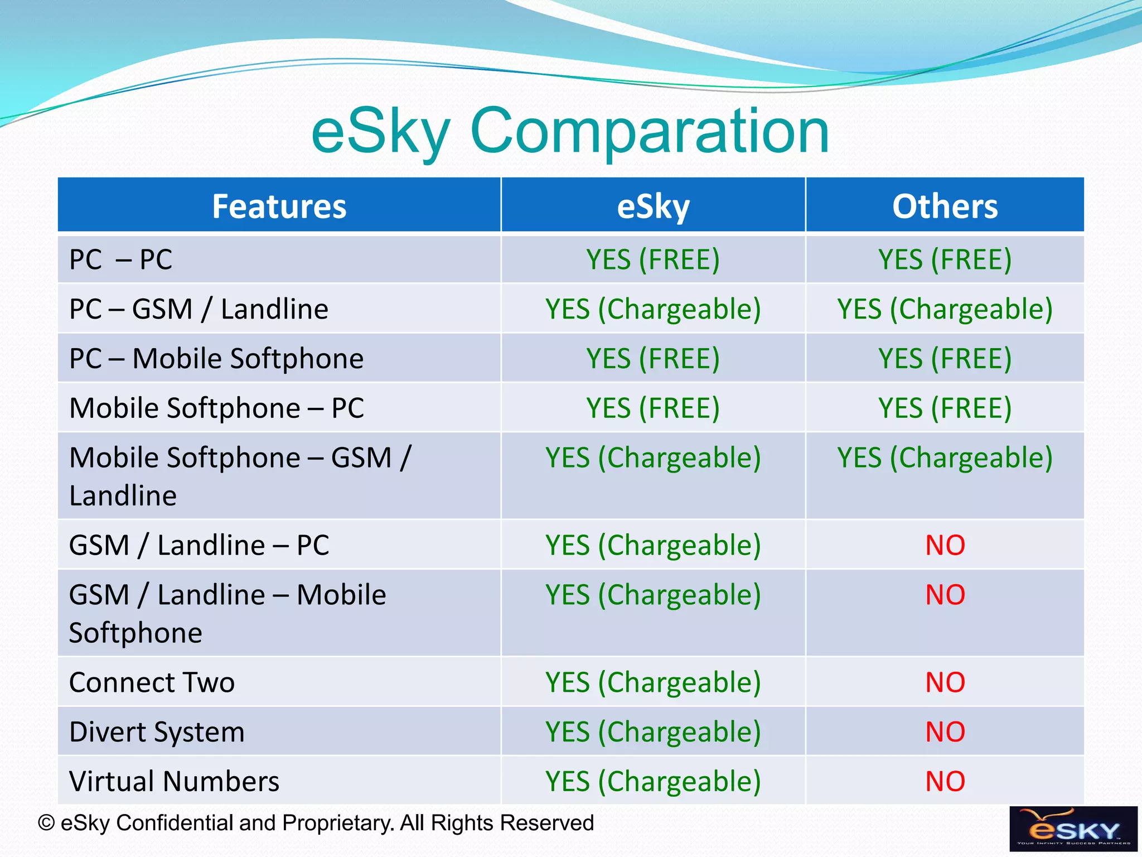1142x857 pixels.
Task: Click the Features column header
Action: pos(279,206)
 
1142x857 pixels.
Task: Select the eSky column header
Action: pos(653,206)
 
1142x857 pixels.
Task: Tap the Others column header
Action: pos(945,206)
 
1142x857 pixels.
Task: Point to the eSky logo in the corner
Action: pos(1073,829)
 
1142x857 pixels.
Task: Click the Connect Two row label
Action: pos(152,682)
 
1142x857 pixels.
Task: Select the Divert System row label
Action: pos(157,732)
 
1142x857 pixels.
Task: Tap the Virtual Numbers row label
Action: pos(174,781)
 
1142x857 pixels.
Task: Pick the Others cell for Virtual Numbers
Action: pos(945,781)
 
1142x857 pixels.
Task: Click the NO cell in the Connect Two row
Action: pos(945,682)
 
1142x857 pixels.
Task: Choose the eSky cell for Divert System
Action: pos(653,732)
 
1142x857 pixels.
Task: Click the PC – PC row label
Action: pos(120,259)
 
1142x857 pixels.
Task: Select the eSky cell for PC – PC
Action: pos(653,259)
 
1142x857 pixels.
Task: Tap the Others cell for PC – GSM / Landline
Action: pos(945,309)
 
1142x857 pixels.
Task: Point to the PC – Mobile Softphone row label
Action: pos(216,358)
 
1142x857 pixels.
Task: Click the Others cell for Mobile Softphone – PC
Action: pos(945,408)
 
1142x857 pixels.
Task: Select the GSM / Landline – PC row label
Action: pos(199,545)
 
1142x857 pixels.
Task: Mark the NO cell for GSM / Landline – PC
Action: pos(945,545)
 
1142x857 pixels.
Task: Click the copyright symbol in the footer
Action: pos(46,823)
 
